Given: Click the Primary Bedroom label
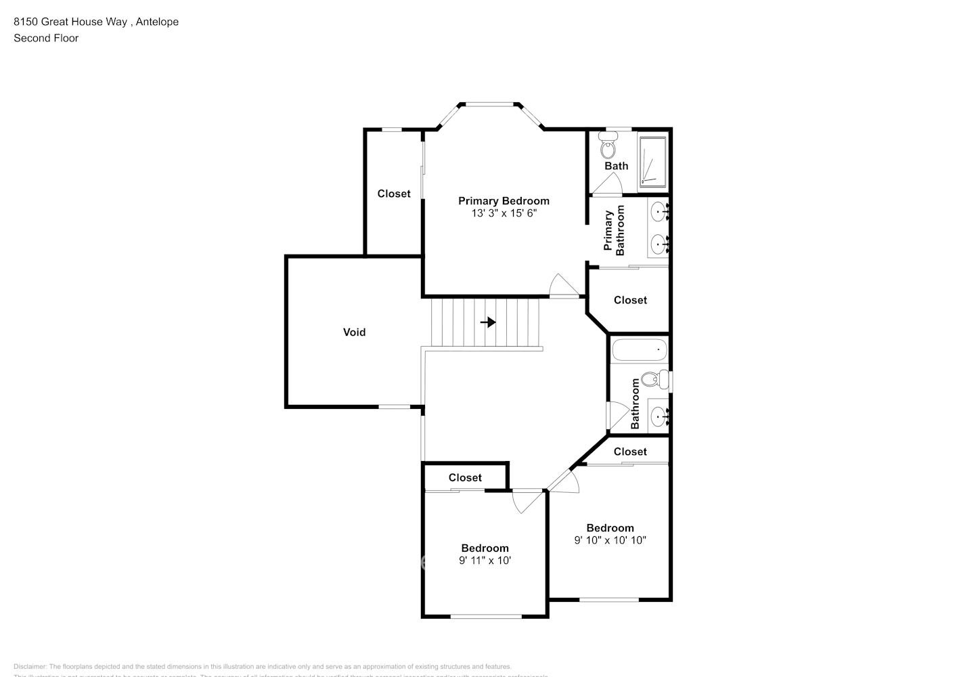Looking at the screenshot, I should coord(504,200).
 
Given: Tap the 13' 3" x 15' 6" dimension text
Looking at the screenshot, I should coord(504,213).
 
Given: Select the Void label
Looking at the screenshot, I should coord(354,332).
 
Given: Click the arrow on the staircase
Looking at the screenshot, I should coord(488,322).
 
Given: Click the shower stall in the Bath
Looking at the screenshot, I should coord(652,161).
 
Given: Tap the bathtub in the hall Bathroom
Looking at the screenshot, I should coord(639,350).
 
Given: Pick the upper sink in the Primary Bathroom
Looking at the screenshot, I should coord(659,213).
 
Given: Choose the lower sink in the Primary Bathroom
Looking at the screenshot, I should coord(659,244).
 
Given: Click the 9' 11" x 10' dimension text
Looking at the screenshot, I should coord(485,561).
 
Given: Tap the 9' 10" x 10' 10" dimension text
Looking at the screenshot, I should coord(610,540).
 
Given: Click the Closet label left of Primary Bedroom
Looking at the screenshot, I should coord(394,194).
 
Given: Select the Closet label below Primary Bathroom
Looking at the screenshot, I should coord(630,300).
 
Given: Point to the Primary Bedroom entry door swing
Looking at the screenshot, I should coord(563,286).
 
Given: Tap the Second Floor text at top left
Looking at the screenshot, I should coord(46,38).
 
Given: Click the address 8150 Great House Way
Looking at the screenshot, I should coord(70,22).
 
